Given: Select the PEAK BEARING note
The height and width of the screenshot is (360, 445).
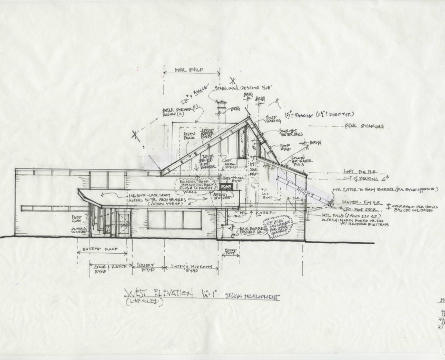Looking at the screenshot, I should [x=364, y=126].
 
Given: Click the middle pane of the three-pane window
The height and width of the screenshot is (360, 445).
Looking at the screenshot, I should [x=174, y=219].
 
